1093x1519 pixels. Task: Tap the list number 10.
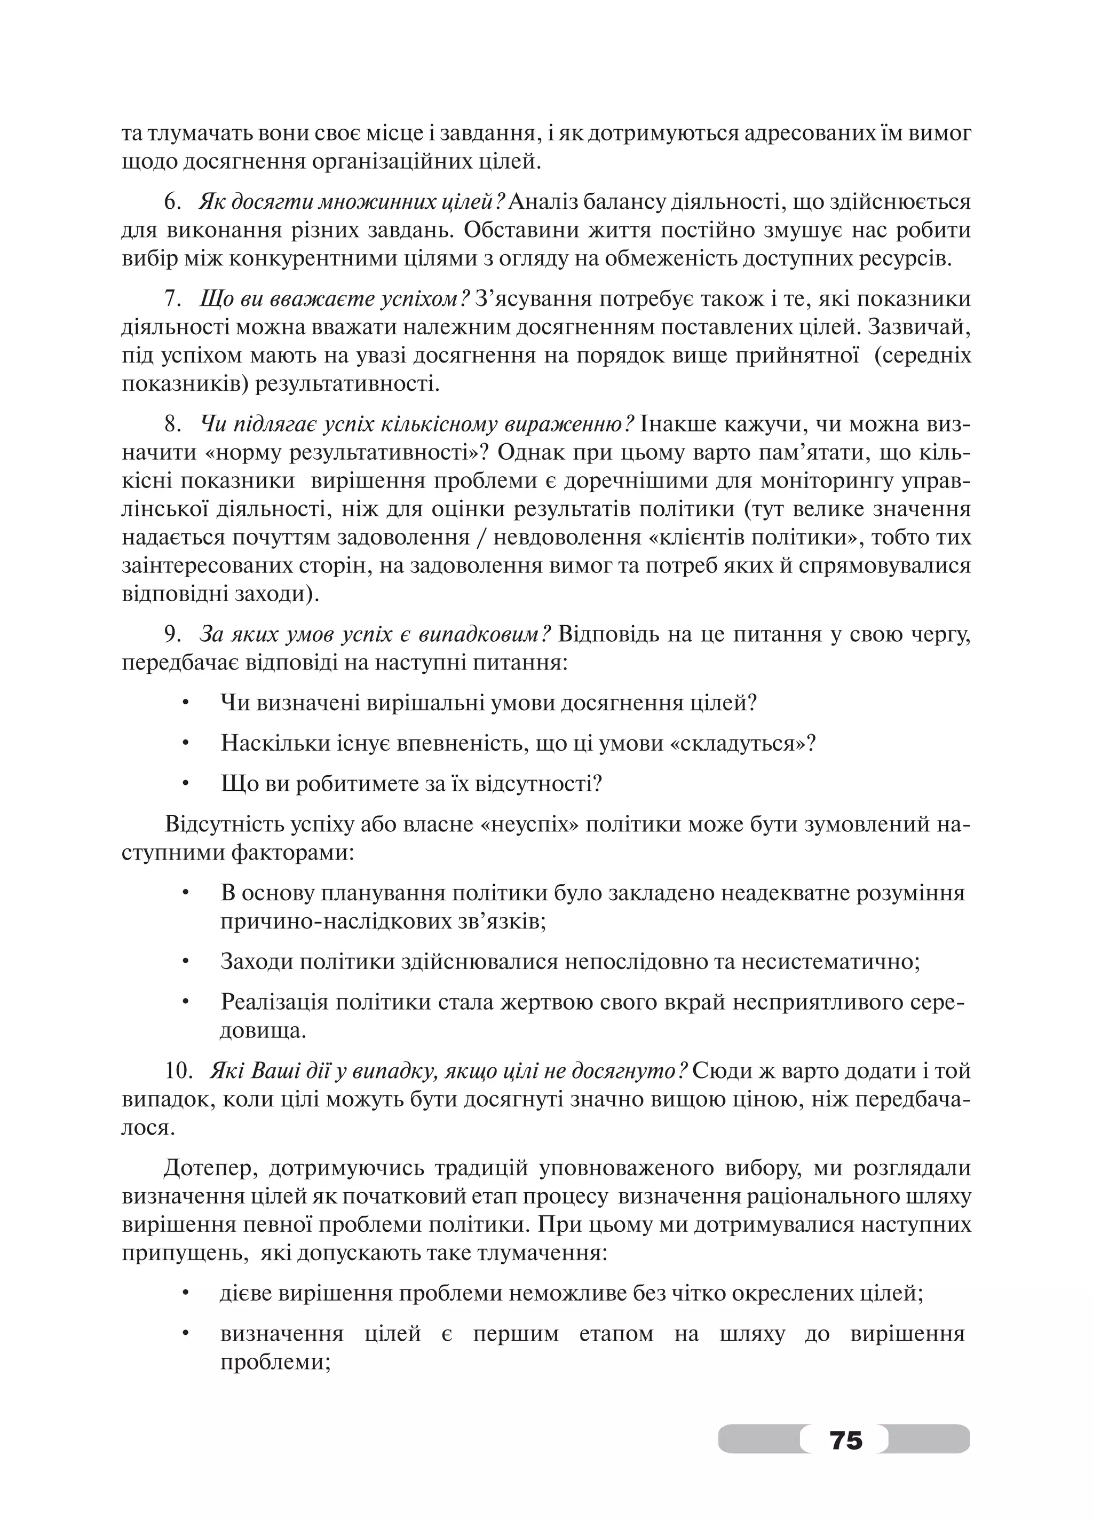pyautogui.click(x=178, y=1071)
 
